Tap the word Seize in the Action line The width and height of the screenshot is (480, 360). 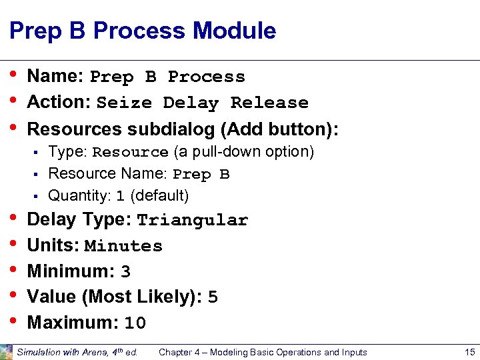click(125, 103)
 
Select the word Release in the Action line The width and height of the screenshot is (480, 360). click(269, 103)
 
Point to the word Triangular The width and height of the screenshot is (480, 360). click(193, 221)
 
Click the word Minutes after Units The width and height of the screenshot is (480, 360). click(123, 246)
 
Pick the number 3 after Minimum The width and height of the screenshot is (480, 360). click(125, 272)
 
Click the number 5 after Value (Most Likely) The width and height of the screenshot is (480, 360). click(213, 297)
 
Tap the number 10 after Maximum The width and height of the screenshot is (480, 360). click(135, 324)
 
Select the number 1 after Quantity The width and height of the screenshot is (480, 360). click(120, 197)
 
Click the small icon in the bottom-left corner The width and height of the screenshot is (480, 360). click(6, 351)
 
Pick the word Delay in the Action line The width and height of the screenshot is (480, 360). click(191, 103)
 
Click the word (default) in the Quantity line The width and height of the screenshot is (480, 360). click(160, 196)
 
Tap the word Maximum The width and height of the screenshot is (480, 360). click(68, 323)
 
